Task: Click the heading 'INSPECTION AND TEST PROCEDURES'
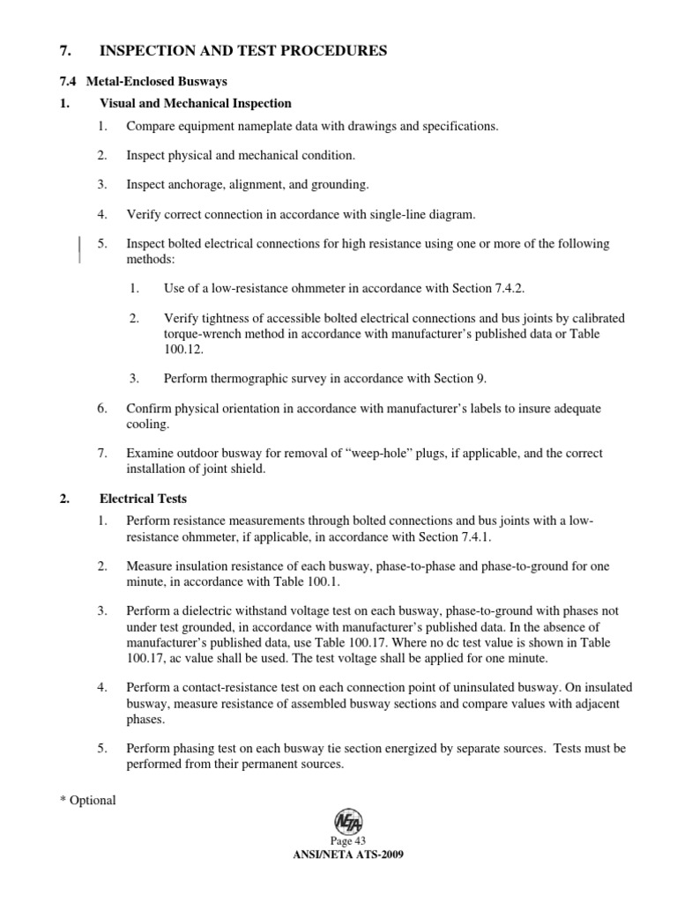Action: [x=243, y=52]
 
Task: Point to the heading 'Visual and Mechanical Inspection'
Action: [x=195, y=104]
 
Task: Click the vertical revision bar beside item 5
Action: [x=81, y=250]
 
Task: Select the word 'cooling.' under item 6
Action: [x=147, y=424]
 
